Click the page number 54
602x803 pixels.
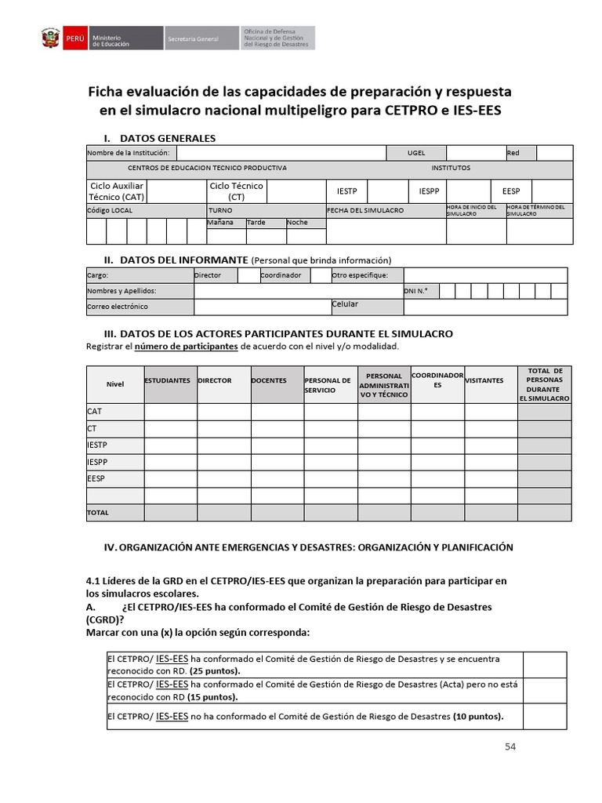click(510, 747)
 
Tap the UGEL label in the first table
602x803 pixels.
click(416, 153)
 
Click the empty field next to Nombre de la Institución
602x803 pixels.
click(281, 153)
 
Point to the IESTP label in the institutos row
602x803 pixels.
click(346, 191)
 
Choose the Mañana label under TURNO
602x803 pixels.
click(220, 222)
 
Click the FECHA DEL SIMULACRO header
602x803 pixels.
click(365, 210)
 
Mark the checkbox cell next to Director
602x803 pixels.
click(248, 275)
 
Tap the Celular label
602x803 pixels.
click(345, 303)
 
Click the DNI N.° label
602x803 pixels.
click(415, 291)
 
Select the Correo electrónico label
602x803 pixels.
click(118, 307)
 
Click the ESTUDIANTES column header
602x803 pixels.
click(168, 380)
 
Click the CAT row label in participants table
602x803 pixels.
click(95, 411)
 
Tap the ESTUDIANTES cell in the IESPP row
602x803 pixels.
click(170, 462)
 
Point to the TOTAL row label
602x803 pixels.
click(99, 512)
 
